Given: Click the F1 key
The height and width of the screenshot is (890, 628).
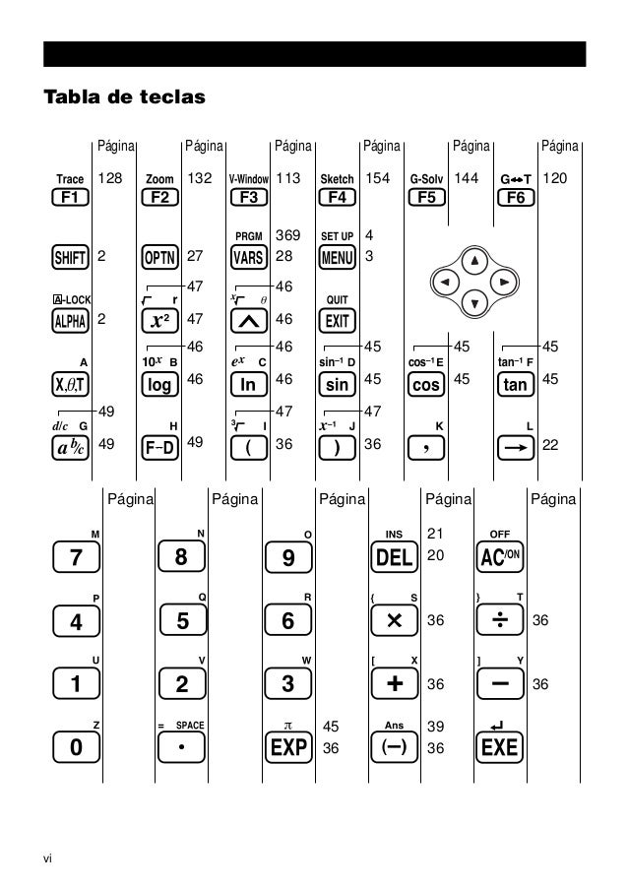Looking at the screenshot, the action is tap(70, 197).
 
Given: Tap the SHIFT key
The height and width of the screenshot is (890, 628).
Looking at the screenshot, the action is tap(70, 257).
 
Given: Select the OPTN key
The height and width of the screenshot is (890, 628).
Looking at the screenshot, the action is tap(159, 257).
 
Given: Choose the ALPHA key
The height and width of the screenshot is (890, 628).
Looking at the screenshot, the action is tap(70, 321).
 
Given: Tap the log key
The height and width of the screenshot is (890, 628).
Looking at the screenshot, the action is tap(159, 384).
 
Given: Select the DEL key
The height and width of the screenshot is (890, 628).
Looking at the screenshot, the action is tap(394, 558).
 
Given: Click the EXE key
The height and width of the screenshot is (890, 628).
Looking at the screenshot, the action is tap(499, 747).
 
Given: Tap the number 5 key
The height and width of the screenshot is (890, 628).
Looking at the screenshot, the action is tap(181, 621).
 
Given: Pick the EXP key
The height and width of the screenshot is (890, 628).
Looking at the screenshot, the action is tap(288, 747).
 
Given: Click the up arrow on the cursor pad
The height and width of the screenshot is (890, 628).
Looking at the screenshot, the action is tap(475, 262).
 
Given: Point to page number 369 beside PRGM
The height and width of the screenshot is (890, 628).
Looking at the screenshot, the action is tap(287, 236).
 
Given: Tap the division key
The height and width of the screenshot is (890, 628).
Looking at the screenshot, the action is tap(499, 621).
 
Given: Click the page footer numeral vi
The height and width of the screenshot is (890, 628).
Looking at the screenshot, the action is tap(47, 857).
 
